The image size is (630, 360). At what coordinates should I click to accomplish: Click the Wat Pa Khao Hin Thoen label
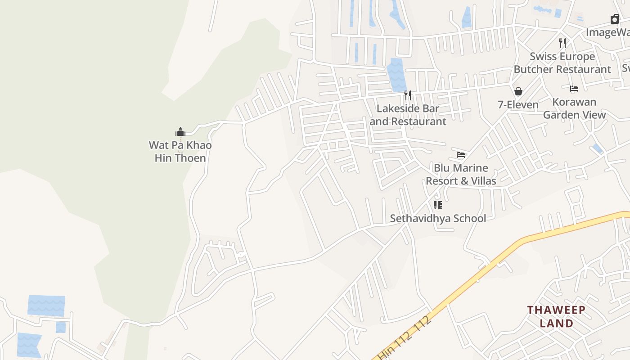tap(180, 152)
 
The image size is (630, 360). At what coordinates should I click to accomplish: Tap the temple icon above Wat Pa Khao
tap(180, 132)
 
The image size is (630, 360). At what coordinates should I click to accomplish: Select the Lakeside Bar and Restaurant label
tap(408, 115)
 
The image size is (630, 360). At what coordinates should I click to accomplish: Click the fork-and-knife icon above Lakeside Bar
tap(408, 95)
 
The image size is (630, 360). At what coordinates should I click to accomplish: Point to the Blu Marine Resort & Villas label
tap(461, 174)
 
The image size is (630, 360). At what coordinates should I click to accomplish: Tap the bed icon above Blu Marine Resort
tap(461, 154)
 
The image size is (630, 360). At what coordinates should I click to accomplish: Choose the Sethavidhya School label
tap(438, 218)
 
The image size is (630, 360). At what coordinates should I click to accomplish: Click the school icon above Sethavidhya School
tap(438, 205)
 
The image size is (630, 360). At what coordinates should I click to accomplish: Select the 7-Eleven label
tap(518, 105)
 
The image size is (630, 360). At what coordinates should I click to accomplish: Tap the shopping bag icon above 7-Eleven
tap(518, 91)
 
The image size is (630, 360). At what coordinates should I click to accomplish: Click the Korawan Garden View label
tap(574, 108)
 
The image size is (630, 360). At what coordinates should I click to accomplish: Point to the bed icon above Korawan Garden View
tap(574, 89)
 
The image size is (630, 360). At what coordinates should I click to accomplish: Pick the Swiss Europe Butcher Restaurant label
tap(562, 63)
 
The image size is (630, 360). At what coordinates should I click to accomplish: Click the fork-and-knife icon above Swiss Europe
tap(562, 43)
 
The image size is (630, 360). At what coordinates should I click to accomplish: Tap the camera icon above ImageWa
tap(615, 19)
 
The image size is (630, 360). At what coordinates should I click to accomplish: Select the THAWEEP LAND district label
tap(556, 316)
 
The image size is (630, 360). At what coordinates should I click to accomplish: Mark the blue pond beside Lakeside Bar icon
tap(396, 75)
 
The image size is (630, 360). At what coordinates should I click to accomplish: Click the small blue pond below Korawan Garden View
tap(598, 149)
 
